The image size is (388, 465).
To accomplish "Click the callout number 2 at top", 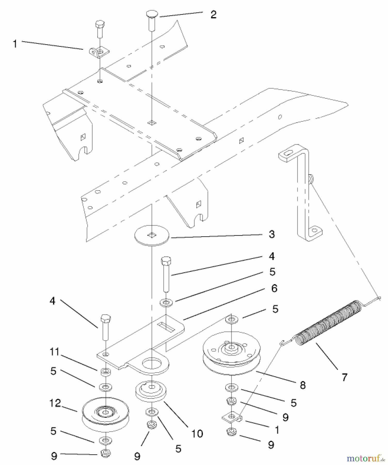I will click(x=213, y=15).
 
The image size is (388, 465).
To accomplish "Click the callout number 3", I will click(x=272, y=234).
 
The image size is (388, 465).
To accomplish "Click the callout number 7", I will click(x=345, y=377).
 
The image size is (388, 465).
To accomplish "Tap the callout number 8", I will click(x=303, y=385).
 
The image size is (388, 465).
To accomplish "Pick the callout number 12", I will click(x=55, y=403).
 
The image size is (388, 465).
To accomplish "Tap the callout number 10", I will click(x=197, y=434).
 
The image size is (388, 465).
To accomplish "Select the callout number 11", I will click(x=54, y=352).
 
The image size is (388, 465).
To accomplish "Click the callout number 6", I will click(x=274, y=288).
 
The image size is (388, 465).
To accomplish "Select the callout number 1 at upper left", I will click(x=15, y=44).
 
